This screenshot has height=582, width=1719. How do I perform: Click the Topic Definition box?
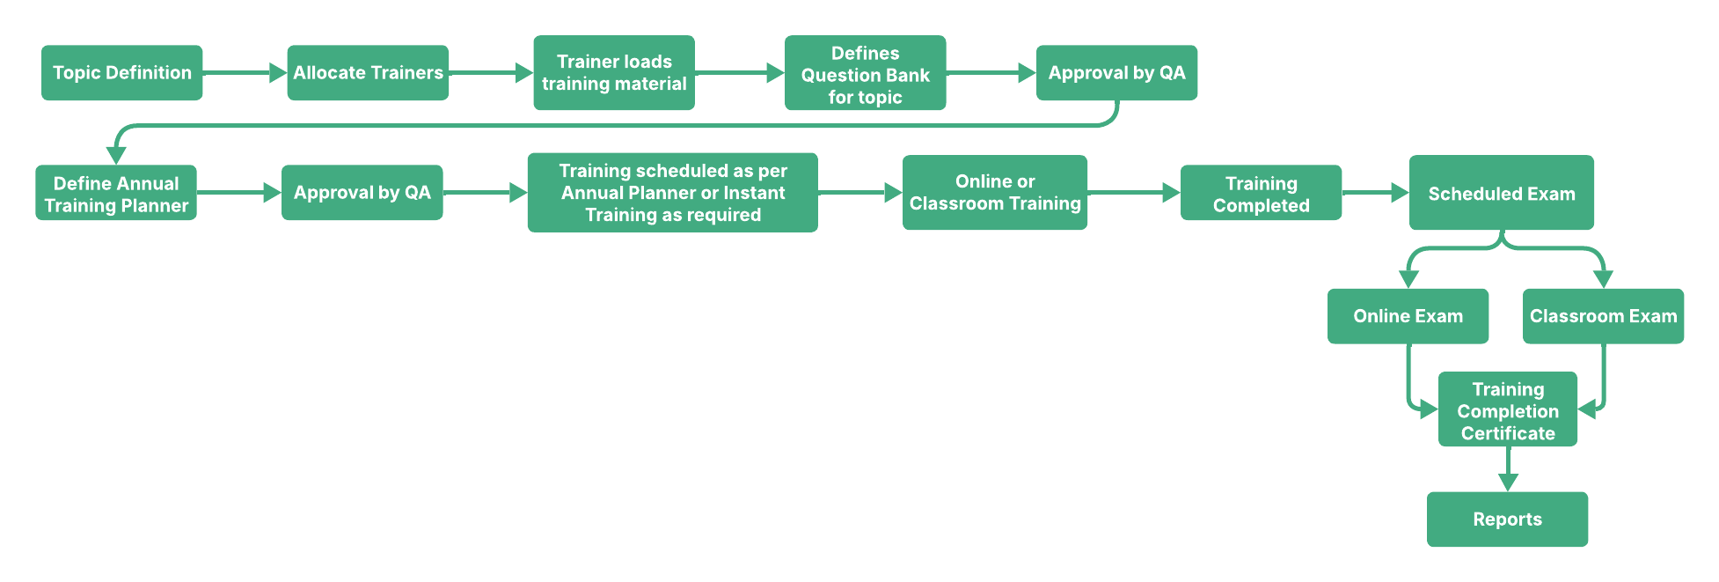click(121, 73)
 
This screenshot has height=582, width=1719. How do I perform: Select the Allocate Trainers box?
click(368, 73)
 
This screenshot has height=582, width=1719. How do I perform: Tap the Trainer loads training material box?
click(614, 73)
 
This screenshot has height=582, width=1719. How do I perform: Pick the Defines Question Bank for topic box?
click(865, 74)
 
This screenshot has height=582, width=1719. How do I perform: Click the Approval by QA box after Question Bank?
click(1116, 73)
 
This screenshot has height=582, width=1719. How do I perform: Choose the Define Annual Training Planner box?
click(116, 194)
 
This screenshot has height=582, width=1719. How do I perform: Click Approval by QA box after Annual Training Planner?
click(362, 193)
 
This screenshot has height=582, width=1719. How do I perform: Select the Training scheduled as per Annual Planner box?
click(672, 193)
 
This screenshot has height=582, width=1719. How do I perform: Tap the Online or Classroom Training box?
click(995, 193)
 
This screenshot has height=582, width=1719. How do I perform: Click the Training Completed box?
click(1261, 194)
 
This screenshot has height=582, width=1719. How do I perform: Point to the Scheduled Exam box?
click(1501, 194)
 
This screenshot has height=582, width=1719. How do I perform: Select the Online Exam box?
click(1408, 316)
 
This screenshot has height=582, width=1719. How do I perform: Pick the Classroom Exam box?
click(1603, 316)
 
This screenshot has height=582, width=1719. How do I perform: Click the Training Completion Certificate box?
click(1508, 410)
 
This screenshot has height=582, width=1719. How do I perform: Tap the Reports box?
click(1507, 519)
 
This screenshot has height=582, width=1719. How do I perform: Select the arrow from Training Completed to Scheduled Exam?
click(1375, 193)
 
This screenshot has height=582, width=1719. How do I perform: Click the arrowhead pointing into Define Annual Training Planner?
click(116, 156)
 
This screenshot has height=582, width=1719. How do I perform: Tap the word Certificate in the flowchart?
click(1508, 433)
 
